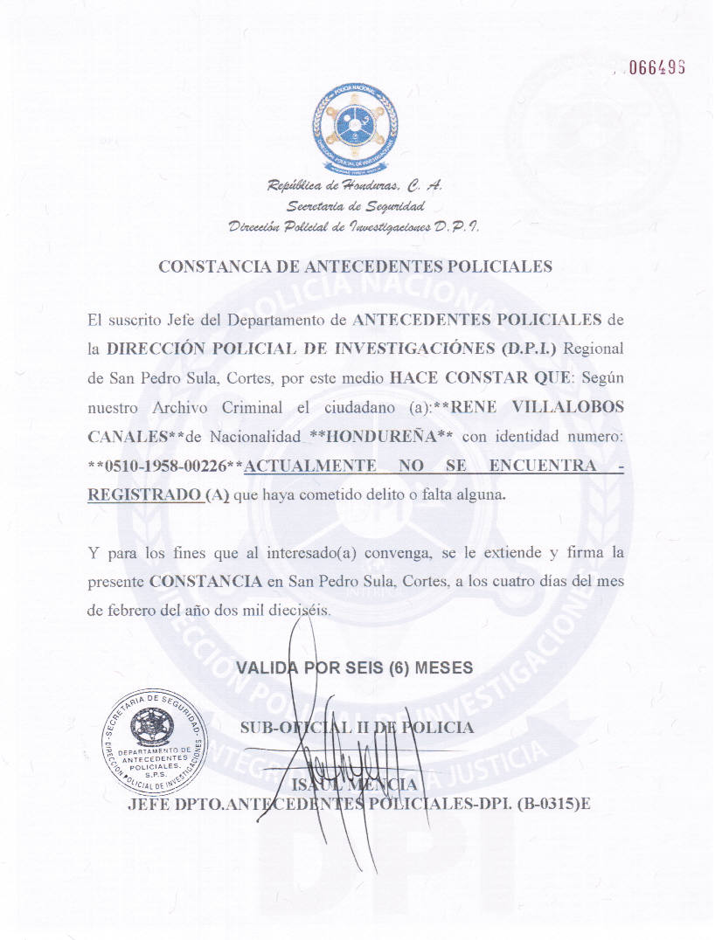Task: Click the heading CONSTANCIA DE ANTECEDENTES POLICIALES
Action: pos(355,267)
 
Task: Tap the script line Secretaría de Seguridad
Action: pos(356,207)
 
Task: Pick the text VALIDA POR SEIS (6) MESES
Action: pos(355,667)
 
